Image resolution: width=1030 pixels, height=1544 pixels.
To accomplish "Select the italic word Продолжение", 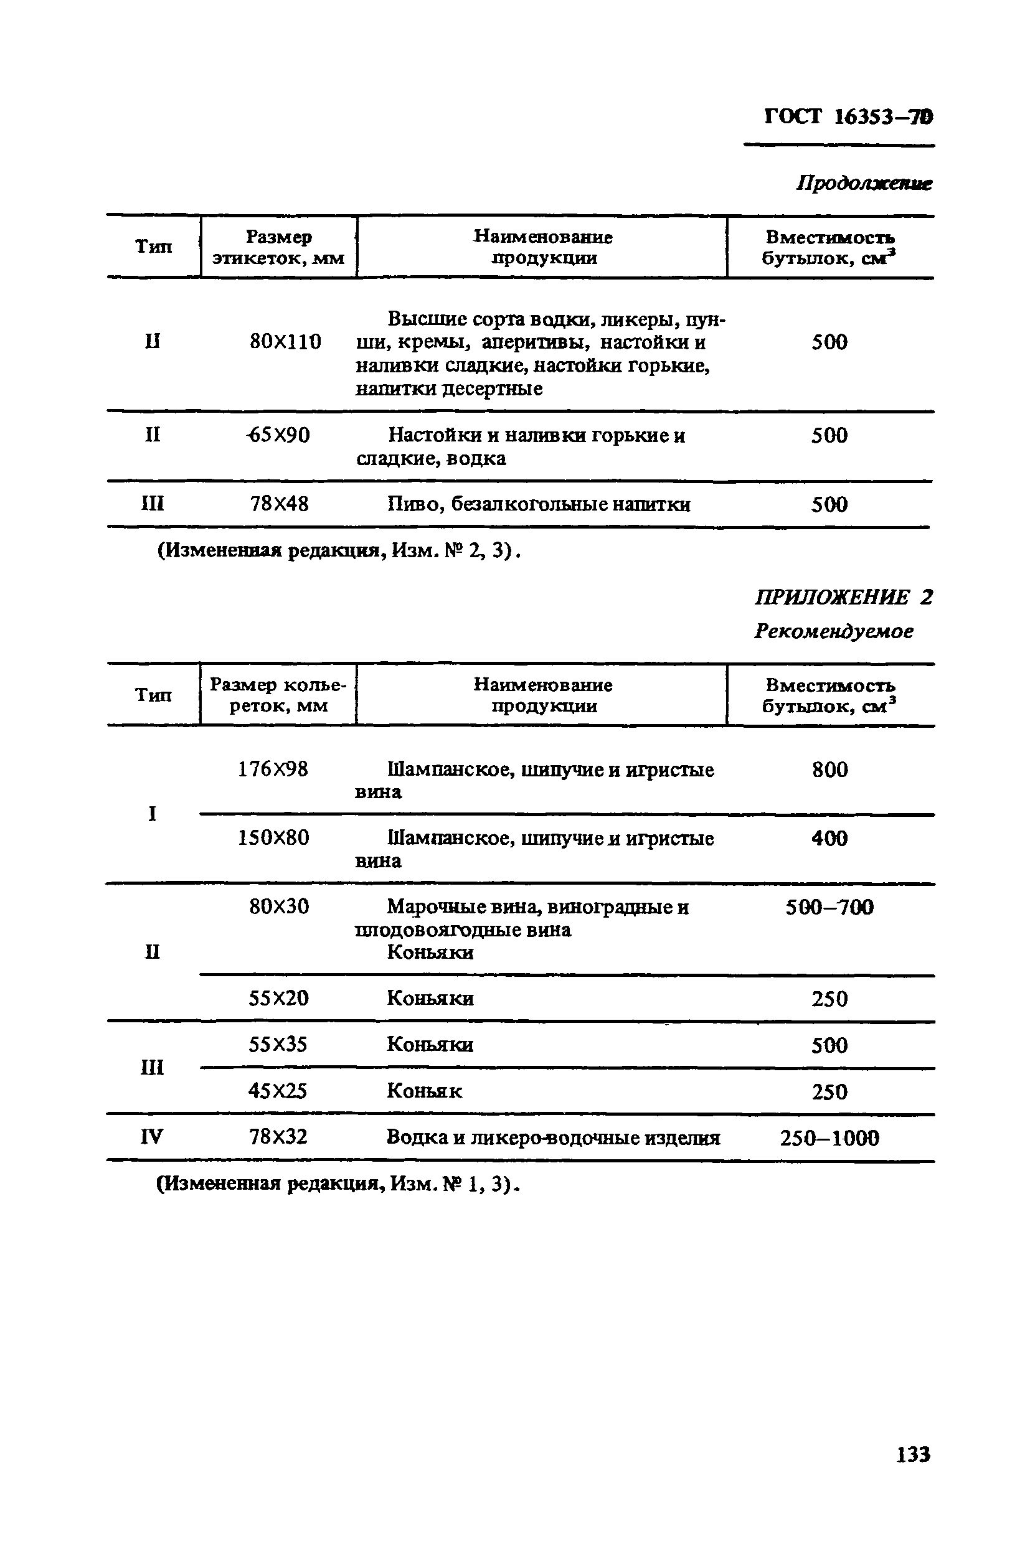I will [864, 183].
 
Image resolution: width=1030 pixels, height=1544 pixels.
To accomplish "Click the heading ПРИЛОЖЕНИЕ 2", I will [843, 597].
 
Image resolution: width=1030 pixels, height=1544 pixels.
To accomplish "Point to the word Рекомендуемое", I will [834, 631].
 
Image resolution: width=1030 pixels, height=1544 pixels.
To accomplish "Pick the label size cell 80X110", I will [285, 342].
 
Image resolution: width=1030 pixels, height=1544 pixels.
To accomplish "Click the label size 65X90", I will [279, 435].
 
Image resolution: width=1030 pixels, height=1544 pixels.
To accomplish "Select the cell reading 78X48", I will [279, 504].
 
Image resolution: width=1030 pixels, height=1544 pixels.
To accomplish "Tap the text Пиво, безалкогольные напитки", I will [538, 504].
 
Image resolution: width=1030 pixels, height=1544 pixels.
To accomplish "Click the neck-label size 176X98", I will [273, 769].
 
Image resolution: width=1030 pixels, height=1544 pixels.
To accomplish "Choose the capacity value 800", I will [829, 769].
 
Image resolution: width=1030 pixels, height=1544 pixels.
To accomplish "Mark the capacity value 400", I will [829, 838].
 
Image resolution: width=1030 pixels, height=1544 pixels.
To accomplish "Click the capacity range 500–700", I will [829, 907].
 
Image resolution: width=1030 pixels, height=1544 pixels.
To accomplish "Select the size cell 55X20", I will [278, 998].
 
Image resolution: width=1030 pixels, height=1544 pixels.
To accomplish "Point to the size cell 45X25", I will [278, 1091].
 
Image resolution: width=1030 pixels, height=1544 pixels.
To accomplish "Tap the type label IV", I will [152, 1137].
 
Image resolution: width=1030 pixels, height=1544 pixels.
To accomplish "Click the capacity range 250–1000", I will [829, 1137].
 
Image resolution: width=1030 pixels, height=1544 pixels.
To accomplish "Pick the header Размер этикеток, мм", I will [278, 247].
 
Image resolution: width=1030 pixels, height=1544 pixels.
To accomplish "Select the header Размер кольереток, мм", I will [278, 695].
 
